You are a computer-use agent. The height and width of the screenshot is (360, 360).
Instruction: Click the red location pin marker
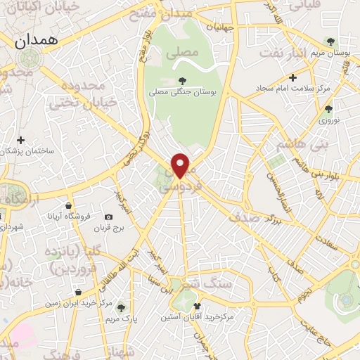tap(181, 165)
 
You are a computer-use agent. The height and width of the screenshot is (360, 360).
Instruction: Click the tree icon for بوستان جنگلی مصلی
tap(183, 80)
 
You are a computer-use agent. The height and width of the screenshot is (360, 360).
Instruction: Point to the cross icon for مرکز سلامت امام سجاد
tap(293, 77)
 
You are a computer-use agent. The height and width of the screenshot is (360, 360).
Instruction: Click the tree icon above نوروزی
tap(328, 109)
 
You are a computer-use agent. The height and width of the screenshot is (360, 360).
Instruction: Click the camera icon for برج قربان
tap(108, 217)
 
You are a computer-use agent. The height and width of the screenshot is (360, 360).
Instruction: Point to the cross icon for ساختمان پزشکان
tap(21, 141)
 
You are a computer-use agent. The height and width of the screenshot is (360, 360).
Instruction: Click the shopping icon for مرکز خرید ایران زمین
tap(77, 292)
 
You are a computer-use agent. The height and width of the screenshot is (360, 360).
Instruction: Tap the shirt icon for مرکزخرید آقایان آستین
tap(198, 306)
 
